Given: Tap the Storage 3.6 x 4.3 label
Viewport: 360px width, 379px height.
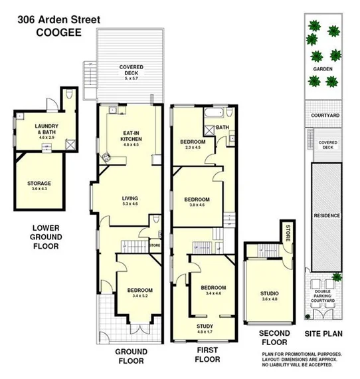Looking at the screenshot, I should tap(39, 186).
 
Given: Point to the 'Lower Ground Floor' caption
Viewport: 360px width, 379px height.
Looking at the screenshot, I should tap(46, 237).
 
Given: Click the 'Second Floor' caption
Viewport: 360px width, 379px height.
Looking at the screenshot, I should tap(274, 338).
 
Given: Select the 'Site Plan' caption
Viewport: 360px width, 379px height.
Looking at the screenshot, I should tap(323, 333).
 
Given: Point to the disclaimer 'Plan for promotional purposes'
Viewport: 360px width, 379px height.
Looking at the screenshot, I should tap(302, 354).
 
